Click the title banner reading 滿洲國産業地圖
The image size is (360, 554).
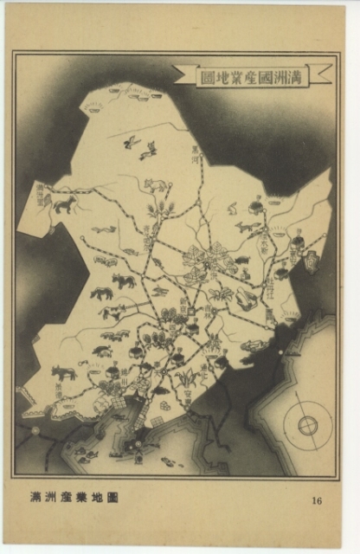[x=252, y=74]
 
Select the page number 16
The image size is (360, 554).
[x=316, y=499]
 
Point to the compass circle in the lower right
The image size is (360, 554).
[x=308, y=425]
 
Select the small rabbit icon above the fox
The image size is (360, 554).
[x=232, y=208]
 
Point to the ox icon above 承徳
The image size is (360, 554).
[x=61, y=372]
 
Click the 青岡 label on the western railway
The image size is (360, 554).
[x=146, y=235]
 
